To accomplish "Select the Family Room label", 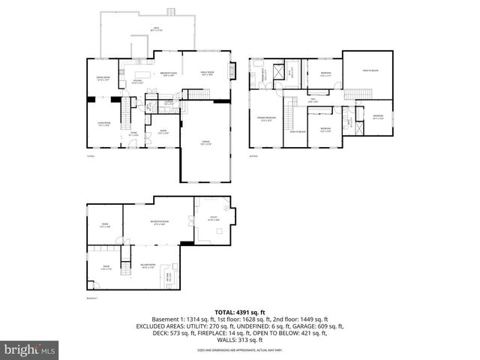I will coord(205,73).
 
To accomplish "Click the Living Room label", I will coord(104,124).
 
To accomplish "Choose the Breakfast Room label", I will coord(168,73).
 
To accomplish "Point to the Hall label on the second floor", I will coord(312,101).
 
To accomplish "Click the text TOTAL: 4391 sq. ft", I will coord(240,311).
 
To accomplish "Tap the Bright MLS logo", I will coord(30,349).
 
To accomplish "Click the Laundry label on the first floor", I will coord(169,103).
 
